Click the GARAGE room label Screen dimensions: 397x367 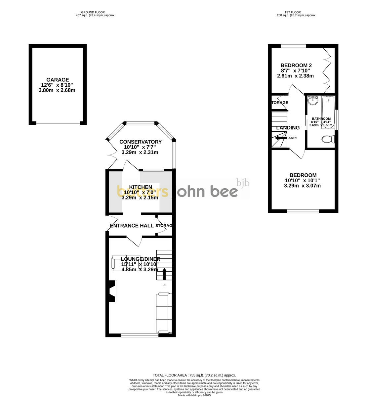58,80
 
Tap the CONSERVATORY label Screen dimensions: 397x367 140,142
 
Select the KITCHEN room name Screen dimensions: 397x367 141,187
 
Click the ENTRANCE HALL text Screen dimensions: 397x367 132,226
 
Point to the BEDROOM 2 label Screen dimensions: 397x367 296,65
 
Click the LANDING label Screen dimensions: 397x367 288,128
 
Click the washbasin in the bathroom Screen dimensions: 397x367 312,100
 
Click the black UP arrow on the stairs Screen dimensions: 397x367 164,274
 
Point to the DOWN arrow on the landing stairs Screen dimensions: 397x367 281,138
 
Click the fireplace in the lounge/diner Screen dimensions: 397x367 113,291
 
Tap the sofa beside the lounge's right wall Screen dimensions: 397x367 164,313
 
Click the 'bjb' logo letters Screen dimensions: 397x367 243,183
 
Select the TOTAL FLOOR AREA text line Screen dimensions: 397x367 194,375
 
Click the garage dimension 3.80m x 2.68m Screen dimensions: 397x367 58,90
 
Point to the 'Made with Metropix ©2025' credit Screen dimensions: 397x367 194,395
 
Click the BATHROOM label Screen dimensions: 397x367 321,119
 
